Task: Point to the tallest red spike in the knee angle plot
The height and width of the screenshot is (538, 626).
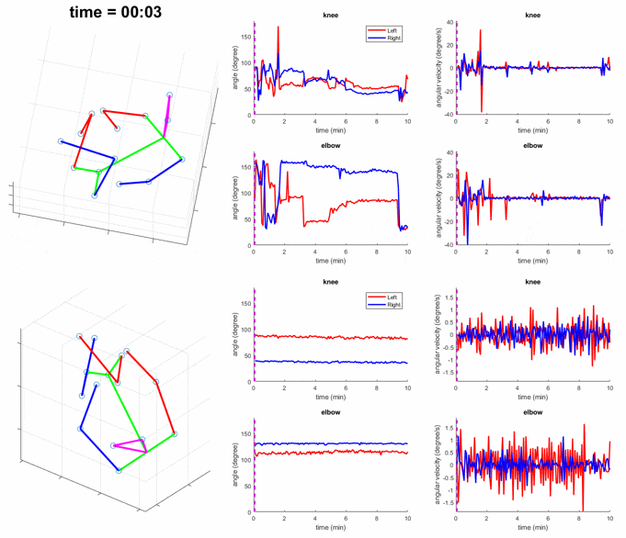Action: pos(278,29)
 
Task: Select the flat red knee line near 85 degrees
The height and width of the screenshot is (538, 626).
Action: pos(331,337)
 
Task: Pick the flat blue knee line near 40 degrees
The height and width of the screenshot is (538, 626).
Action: pos(331,362)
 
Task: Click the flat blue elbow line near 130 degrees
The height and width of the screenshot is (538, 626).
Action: pos(331,443)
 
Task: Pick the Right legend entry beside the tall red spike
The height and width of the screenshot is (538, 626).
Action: pos(393,39)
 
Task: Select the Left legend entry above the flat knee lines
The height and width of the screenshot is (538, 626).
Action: pos(393,297)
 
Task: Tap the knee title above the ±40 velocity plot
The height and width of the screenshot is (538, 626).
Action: pos(532,15)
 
